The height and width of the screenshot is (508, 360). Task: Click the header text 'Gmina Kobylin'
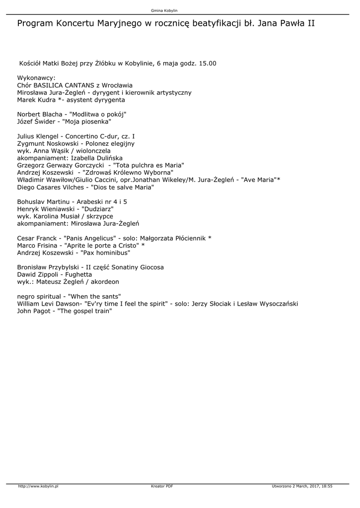point(164,10)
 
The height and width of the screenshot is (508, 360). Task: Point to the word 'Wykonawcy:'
point(36,78)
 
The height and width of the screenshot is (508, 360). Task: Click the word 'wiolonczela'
point(93,150)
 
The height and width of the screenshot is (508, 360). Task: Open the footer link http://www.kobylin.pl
point(38,487)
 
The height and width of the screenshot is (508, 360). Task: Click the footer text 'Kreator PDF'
point(162,487)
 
